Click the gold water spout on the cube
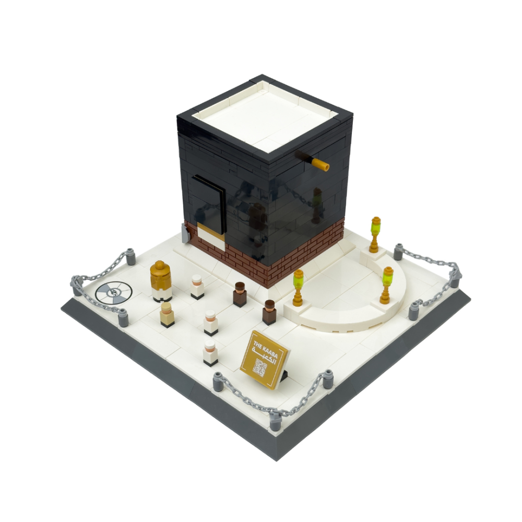[x=320, y=164]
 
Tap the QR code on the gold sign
[x=259, y=367]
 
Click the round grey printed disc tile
[x=113, y=293]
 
